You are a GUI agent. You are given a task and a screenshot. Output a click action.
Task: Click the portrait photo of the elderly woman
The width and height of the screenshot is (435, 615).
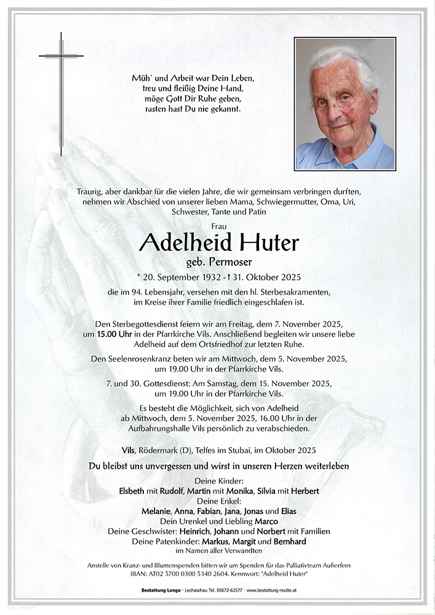coord(345,103)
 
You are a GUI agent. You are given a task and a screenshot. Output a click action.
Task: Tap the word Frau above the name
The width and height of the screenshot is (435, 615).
coord(218,226)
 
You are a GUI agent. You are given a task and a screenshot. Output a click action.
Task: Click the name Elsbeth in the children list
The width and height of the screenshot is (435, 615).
coord(133,491)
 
